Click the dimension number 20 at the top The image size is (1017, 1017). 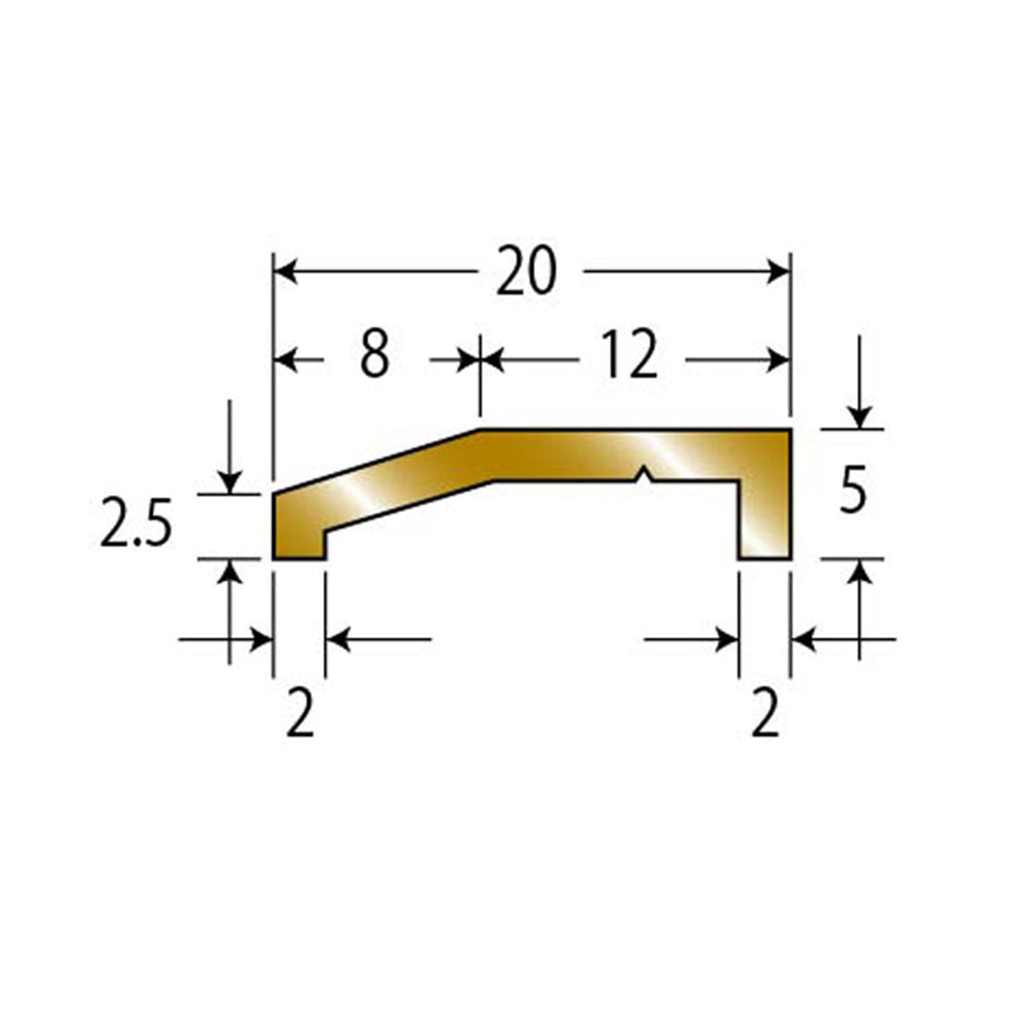pyautogui.click(x=526, y=270)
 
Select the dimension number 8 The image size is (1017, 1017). pyautogui.click(x=375, y=353)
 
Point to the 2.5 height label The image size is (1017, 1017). pyautogui.click(x=136, y=521)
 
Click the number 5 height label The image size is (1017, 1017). pyautogui.click(x=853, y=487)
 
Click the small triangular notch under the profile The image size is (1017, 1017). pyautogui.click(x=642, y=474)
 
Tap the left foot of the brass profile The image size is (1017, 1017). pyautogui.click(x=298, y=538)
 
